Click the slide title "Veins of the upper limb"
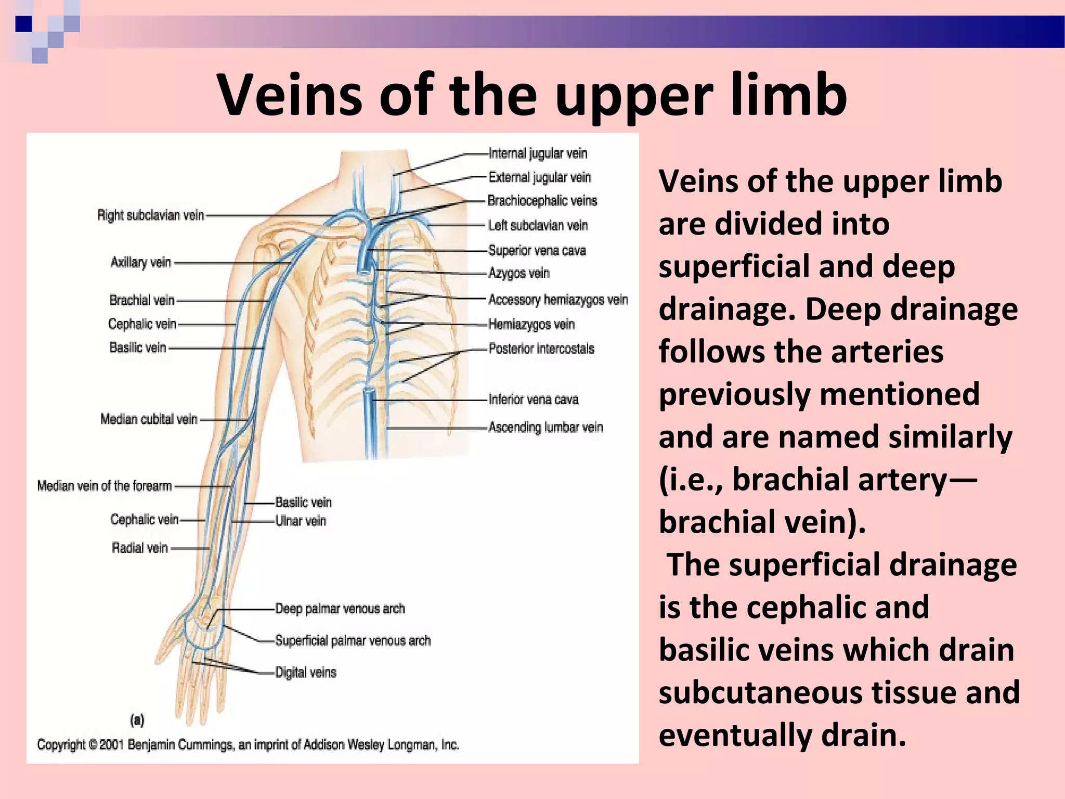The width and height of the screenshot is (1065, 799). click(x=532, y=95)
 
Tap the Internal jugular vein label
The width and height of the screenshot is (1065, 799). click(x=538, y=153)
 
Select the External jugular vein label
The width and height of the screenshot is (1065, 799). click(x=540, y=177)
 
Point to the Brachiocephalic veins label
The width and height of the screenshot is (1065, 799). click(x=542, y=201)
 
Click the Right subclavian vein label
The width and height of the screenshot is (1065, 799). click(x=151, y=215)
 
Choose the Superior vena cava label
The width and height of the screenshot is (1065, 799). click(x=537, y=251)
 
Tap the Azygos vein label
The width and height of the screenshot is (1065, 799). click(x=519, y=273)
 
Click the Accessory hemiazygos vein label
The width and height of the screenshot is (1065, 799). click(x=558, y=300)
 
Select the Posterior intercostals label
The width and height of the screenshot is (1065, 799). click(x=541, y=349)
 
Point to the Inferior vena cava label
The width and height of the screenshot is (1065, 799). click(x=534, y=399)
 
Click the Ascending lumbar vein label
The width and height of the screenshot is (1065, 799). click(x=546, y=428)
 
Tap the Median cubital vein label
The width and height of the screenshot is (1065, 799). click(x=149, y=419)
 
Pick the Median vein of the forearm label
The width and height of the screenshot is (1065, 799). click(x=105, y=486)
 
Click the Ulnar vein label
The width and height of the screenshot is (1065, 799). click(x=301, y=521)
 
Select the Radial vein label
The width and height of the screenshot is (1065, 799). click(x=140, y=548)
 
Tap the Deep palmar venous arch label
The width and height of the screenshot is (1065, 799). click(x=340, y=609)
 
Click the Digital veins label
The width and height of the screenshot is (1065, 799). click(x=306, y=673)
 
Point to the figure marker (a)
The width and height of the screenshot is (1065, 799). click(x=137, y=720)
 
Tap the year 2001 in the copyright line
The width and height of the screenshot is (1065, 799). click(x=111, y=745)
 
